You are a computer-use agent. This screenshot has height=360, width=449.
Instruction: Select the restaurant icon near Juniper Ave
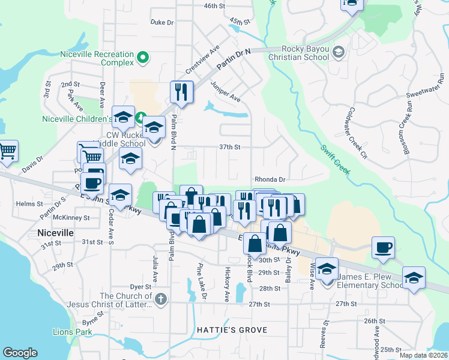(181, 92)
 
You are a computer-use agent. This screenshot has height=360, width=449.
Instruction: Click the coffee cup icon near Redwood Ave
(382, 247)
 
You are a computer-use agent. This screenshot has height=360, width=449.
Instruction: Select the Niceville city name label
(55, 232)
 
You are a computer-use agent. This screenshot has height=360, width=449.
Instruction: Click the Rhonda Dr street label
(270, 179)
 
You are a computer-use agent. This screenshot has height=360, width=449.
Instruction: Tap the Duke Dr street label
(161, 22)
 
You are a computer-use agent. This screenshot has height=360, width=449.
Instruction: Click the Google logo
(20, 353)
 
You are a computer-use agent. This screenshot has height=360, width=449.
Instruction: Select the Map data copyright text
(424, 355)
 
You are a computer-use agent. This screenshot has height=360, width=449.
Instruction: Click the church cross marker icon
(160, 299)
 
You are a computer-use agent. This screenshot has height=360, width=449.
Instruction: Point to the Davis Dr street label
(32, 161)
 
